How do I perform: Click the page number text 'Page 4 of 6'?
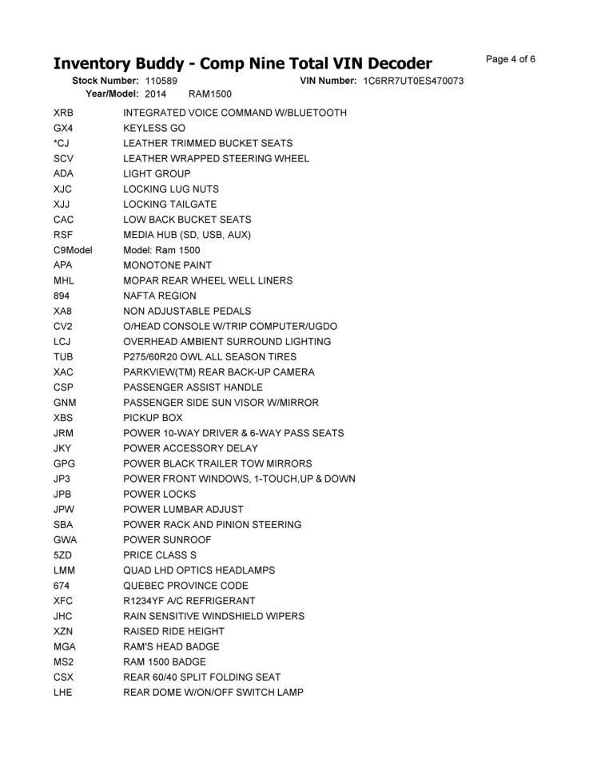511,59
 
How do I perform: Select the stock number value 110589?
161,81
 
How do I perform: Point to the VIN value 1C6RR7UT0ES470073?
413,81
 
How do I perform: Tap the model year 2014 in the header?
156,94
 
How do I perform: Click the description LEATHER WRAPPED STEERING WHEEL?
216,158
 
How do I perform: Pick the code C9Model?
73,250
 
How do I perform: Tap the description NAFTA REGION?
160,296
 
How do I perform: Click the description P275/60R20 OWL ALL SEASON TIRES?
210,357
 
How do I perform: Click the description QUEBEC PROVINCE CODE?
186,586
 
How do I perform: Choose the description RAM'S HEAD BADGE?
171,646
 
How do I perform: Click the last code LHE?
63,692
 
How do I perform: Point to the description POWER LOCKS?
159,495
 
